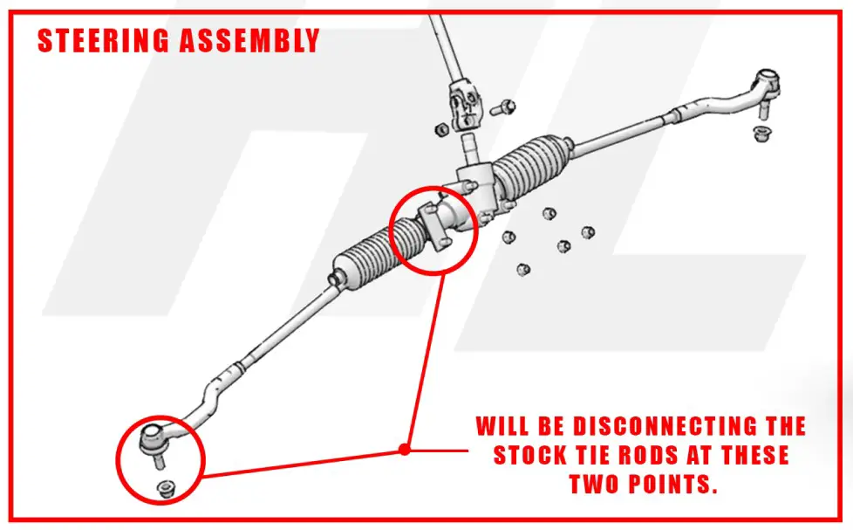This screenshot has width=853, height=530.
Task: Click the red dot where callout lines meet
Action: pyautogui.click(x=404, y=450)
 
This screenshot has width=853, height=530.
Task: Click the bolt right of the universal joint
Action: pyautogui.click(x=504, y=107)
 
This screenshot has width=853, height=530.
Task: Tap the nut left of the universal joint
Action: pyautogui.click(x=441, y=127)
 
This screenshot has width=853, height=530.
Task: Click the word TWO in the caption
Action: pyautogui.click(x=599, y=484)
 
